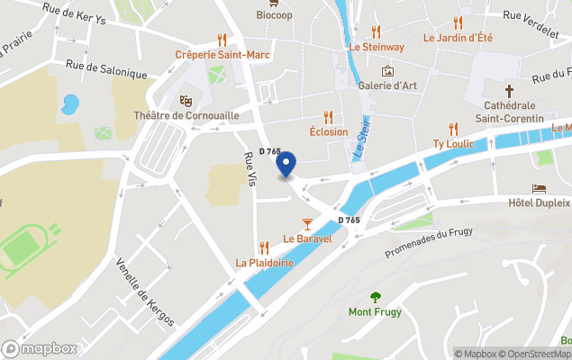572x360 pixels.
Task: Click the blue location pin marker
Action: point(286,165)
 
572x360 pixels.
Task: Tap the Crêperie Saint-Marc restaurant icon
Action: point(222,40)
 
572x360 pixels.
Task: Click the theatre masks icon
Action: point(186,100)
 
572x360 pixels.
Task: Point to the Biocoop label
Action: point(274,15)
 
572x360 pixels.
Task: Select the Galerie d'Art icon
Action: point(388,71)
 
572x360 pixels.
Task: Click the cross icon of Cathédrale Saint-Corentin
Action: point(509,91)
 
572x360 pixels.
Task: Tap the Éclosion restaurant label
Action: point(328,131)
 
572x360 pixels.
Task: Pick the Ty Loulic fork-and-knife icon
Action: point(453,129)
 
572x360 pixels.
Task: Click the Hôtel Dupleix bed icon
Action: point(539,188)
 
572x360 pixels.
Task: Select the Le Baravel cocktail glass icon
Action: point(308,223)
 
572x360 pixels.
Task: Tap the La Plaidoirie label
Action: point(264,263)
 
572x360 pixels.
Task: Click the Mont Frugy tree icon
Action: point(376,297)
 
